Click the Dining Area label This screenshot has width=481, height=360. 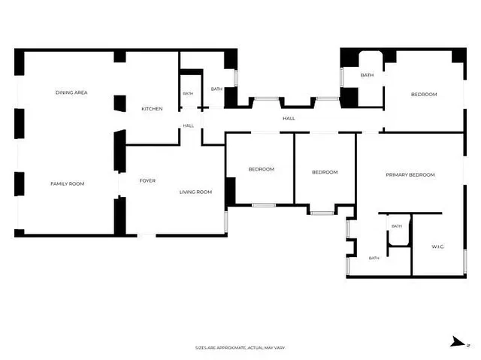(x=71, y=92)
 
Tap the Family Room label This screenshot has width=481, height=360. (x=68, y=183)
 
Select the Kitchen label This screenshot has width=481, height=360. (x=152, y=109)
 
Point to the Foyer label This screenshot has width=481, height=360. (x=147, y=181)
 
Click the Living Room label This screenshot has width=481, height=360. (x=195, y=192)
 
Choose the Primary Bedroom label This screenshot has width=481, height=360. (x=410, y=175)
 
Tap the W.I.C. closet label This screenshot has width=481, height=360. (x=437, y=247)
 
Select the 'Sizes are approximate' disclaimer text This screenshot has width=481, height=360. (x=240, y=348)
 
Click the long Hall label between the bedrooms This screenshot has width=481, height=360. (x=289, y=118)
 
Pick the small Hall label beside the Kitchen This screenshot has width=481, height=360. (x=189, y=126)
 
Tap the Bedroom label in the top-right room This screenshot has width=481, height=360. (x=424, y=95)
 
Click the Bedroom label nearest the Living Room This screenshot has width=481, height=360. (x=262, y=169)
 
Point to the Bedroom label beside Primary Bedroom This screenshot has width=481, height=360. (x=325, y=172)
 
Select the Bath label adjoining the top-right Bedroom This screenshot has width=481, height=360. (x=367, y=75)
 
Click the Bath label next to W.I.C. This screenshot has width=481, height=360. (x=397, y=226)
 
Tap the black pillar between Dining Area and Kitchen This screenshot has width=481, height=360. (x=120, y=103)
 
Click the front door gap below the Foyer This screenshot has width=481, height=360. (x=147, y=235)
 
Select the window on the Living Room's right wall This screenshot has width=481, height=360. (x=226, y=221)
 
